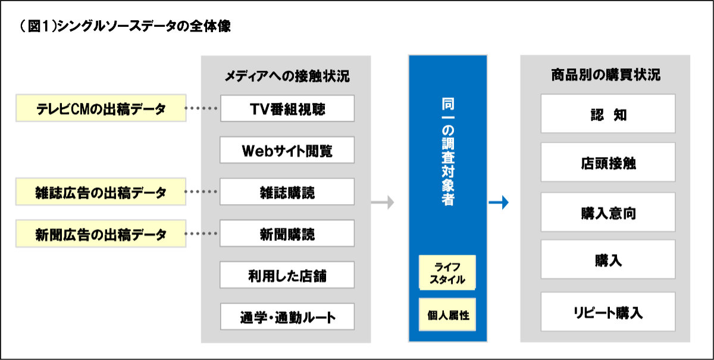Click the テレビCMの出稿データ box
[x=101, y=108]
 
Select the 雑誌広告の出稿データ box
[x=101, y=192]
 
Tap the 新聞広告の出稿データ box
[x=101, y=233]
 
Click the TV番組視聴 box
[x=287, y=108]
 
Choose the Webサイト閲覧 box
[x=287, y=150]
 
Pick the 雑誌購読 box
[x=287, y=192]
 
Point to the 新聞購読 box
[x=287, y=233]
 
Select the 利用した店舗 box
[x=287, y=275]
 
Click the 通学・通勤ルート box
[x=287, y=317]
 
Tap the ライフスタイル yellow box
[x=447, y=273]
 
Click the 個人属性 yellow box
[x=447, y=315]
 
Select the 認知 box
[x=608, y=114]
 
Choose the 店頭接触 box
[x=608, y=162]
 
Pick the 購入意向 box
[x=608, y=212]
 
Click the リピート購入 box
[x=608, y=312]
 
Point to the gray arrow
[x=383, y=202]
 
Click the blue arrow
[x=499, y=202]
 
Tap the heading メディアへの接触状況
[x=287, y=76]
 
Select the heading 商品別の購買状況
[x=606, y=75]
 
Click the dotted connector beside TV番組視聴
[x=201, y=108]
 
